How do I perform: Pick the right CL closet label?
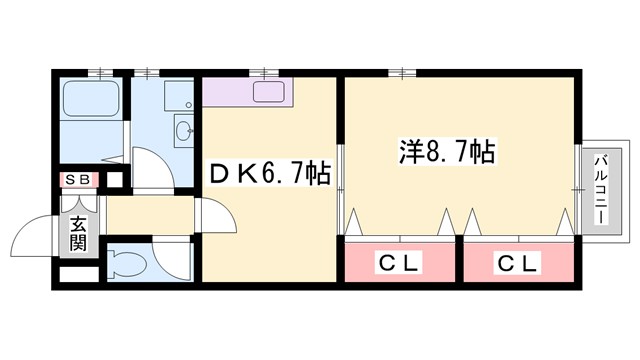[517, 264]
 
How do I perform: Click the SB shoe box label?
[78, 180]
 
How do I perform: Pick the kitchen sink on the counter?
[270, 94]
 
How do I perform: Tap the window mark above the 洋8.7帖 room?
[403, 72]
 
